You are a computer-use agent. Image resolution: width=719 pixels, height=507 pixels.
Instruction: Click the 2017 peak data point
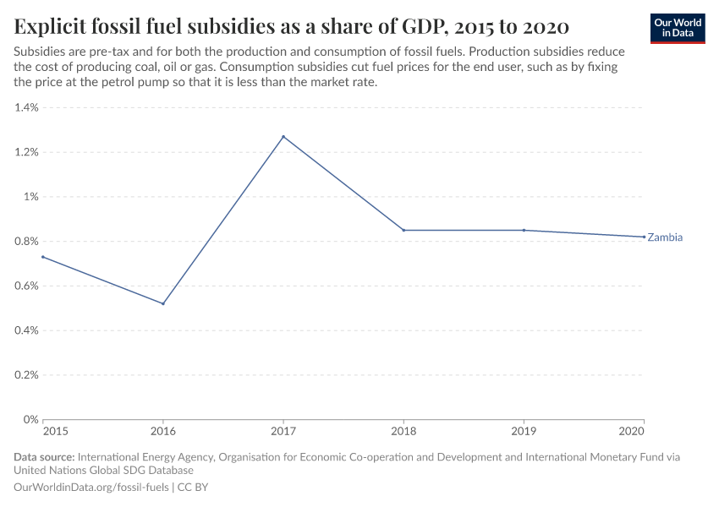coord(283,137)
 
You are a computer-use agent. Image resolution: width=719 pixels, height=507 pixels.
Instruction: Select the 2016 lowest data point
coord(163,303)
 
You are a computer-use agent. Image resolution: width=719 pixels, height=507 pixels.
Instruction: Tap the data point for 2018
coord(403,230)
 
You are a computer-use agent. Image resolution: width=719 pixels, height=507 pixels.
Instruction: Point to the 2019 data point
coord(524,230)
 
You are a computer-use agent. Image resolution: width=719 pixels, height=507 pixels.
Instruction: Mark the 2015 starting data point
coord(43,257)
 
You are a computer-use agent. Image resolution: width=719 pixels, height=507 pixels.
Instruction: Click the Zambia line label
coord(665,237)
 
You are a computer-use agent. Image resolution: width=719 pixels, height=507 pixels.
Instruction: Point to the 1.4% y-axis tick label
coord(26,108)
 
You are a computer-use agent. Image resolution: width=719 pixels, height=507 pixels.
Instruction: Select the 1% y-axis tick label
coord(31,197)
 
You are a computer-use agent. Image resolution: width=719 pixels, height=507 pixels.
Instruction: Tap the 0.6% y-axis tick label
coord(26,286)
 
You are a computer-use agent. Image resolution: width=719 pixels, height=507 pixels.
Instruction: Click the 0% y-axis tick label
coord(31,419)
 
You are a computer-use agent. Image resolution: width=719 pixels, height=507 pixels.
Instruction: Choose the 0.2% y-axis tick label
coord(26,374)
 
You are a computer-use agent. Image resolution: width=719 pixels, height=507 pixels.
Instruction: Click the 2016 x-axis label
coord(163,432)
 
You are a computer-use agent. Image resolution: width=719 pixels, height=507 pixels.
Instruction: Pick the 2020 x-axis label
coord(632,432)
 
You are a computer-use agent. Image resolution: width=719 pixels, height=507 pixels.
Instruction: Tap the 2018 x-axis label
coord(403,432)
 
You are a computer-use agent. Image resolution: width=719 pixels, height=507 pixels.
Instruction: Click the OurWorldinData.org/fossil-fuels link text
coord(92,488)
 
